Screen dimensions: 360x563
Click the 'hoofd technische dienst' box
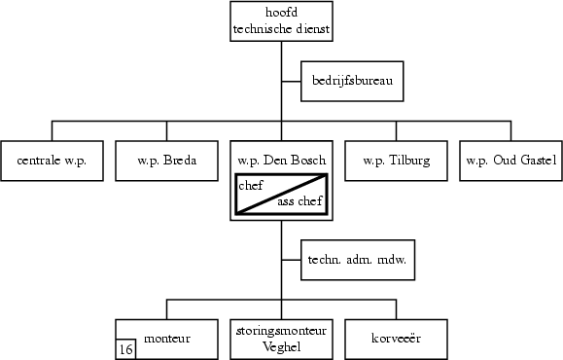tap(281, 21)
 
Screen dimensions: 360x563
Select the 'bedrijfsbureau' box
tap(351, 83)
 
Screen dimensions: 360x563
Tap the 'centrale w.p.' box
tap(52, 161)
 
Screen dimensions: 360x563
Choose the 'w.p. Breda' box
tap(166, 161)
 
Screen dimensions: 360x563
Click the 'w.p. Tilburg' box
tap(396, 161)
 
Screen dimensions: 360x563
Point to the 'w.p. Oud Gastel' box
tap(510, 161)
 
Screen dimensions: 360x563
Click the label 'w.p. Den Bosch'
tap(281, 160)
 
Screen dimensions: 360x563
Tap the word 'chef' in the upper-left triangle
tap(251, 185)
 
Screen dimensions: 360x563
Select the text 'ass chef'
tap(299, 202)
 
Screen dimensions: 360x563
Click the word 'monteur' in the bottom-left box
tap(166, 338)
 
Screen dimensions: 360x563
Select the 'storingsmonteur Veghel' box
tap(281, 339)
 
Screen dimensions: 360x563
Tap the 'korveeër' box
tap(396, 339)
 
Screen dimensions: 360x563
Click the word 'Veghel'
tap(281, 346)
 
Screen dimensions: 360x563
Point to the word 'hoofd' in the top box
tap(281, 13)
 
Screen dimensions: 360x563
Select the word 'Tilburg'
tap(408, 161)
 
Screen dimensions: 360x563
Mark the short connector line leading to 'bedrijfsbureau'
tap(291, 83)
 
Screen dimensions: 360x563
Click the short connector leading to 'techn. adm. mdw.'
tap(291, 260)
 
